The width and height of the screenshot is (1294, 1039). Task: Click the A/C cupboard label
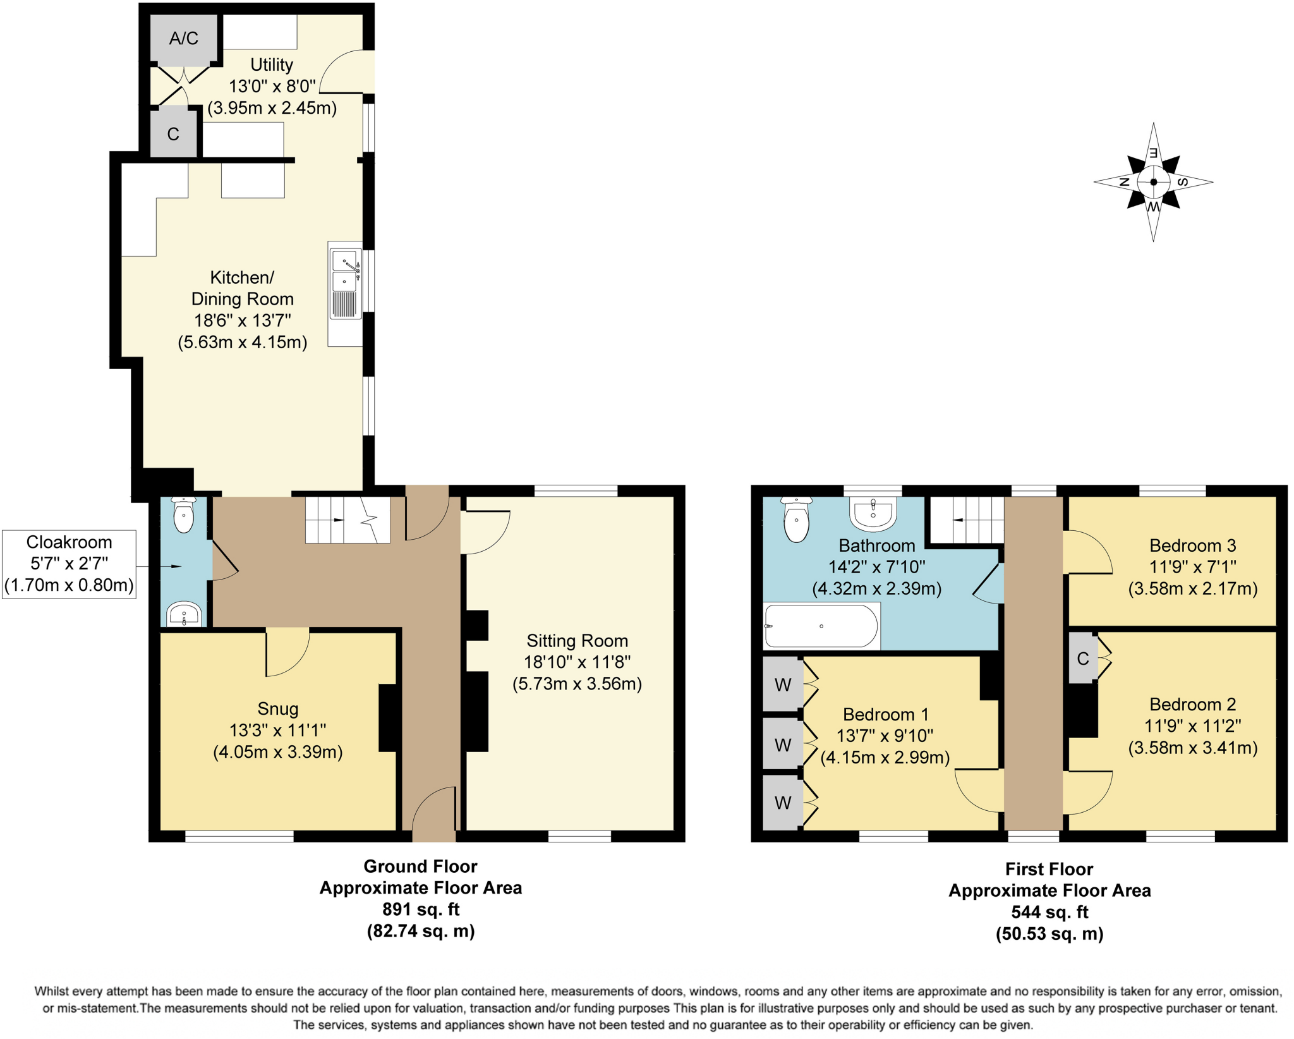(183, 39)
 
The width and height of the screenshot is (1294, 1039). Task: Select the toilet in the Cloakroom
(184, 515)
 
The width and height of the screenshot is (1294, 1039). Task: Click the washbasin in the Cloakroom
(184, 613)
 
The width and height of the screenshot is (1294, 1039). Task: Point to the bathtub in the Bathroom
(821, 626)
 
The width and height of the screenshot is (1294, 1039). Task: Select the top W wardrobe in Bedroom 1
(782, 684)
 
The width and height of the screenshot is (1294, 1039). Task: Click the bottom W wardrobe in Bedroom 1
(782, 803)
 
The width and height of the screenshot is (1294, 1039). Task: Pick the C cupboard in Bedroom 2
(1082, 659)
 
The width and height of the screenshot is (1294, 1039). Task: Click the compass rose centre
(1153, 182)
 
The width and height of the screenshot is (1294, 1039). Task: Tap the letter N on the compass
(1125, 182)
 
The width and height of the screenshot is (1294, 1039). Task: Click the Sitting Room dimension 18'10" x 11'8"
(577, 662)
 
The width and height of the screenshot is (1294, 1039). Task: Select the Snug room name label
(277, 708)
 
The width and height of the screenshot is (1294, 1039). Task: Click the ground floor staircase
(347, 519)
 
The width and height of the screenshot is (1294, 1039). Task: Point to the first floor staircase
(967, 519)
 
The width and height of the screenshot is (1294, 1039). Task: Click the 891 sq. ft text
(420, 909)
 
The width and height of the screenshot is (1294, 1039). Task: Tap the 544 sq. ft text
(1049, 912)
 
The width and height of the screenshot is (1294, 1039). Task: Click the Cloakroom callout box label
(69, 564)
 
